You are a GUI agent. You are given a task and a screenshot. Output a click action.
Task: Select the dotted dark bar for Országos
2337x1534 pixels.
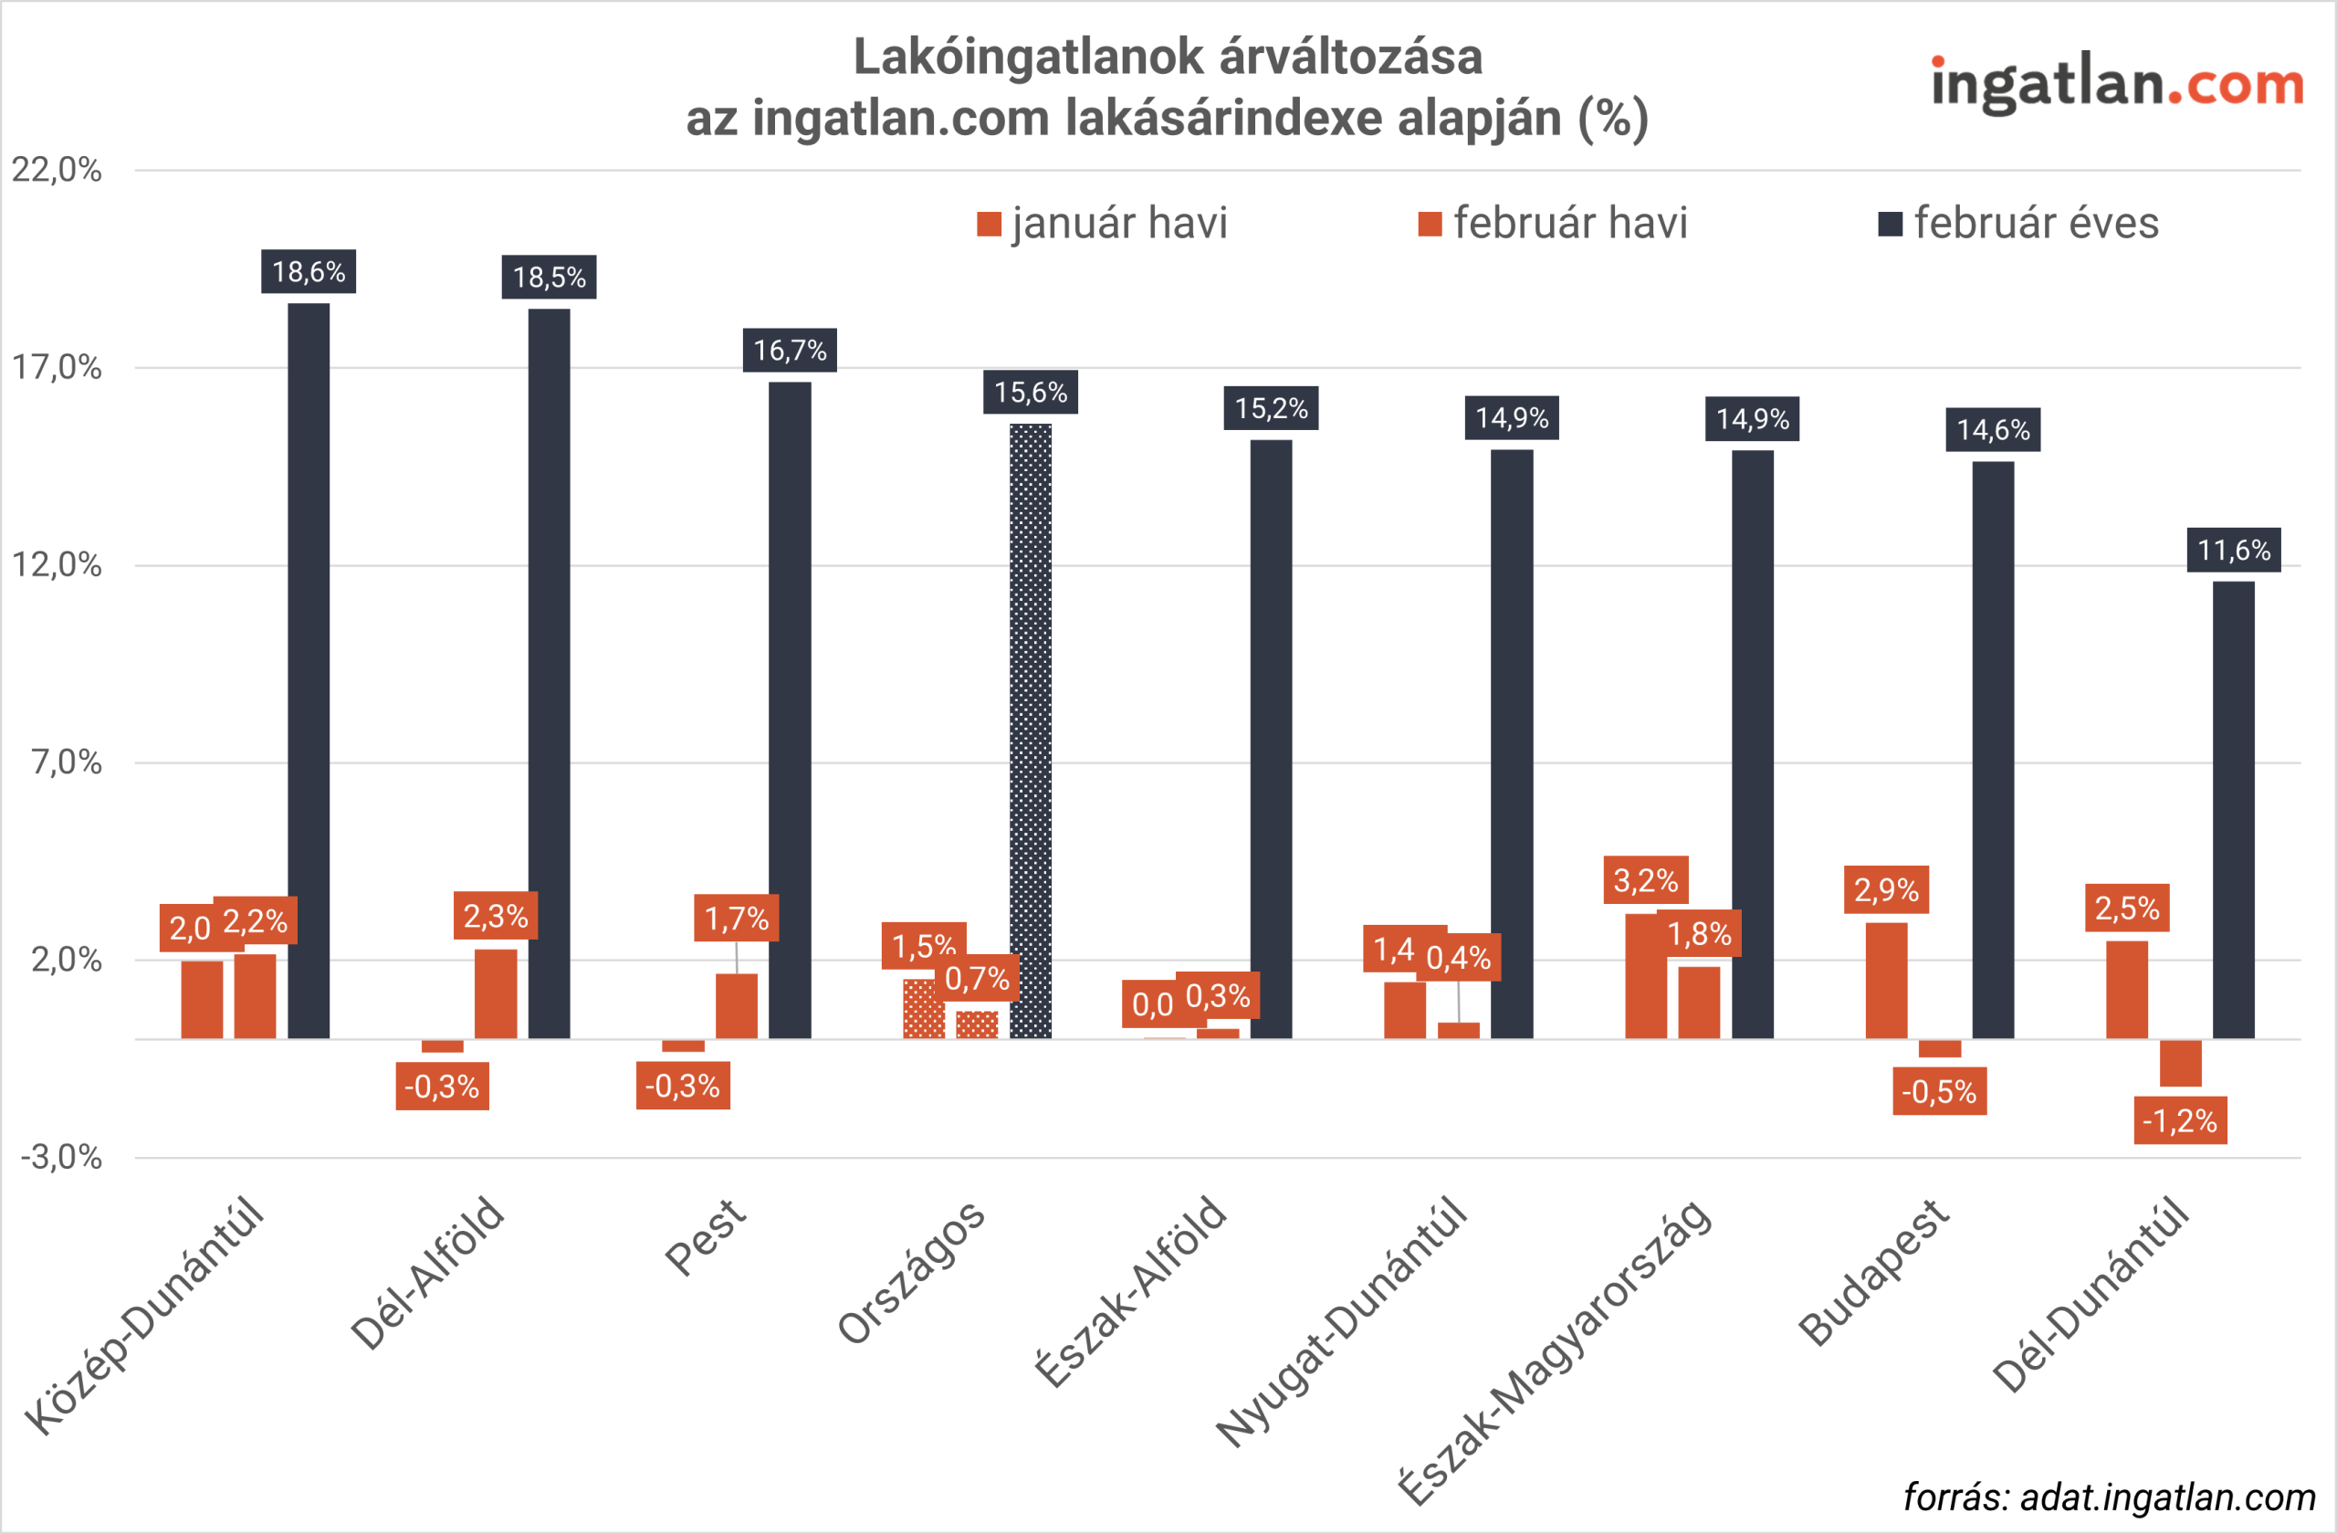pyautogui.click(x=1030, y=730)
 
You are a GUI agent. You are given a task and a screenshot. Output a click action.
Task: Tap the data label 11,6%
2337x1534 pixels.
pyautogui.click(x=2233, y=550)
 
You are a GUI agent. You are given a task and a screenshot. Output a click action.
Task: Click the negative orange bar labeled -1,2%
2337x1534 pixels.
pyautogui.click(x=2180, y=1063)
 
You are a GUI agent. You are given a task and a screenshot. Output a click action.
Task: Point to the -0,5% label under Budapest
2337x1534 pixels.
pyautogui.click(x=1939, y=1091)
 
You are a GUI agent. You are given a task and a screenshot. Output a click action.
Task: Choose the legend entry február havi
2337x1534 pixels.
pyautogui.click(x=1554, y=224)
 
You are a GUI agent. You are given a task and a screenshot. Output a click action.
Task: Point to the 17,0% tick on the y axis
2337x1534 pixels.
pyautogui.click(x=57, y=367)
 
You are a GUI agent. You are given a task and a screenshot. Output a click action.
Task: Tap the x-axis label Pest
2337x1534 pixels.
pyautogui.click(x=706, y=1237)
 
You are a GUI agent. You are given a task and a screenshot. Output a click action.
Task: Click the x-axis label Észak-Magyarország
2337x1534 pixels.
pyautogui.click(x=1556, y=1351)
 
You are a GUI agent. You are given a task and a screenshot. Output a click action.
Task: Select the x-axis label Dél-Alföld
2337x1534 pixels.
pyautogui.click(x=428, y=1274)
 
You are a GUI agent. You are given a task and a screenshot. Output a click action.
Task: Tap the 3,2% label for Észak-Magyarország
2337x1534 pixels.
pyautogui.click(x=1646, y=880)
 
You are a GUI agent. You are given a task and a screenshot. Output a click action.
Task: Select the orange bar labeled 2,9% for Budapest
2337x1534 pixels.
pyautogui.click(x=1886, y=980)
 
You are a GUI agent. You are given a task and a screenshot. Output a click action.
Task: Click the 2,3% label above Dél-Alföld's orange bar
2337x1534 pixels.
pyautogui.click(x=495, y=916)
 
